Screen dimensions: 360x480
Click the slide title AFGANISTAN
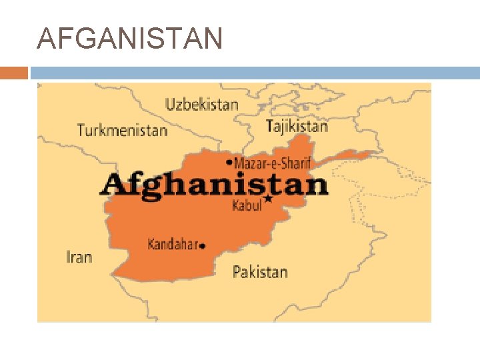pyautogui.click(x=130, y=40)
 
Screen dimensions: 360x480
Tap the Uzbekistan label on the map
pyautogui.click(x=201, y=104)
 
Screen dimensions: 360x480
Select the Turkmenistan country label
pyautogui.click(x=122, y=130)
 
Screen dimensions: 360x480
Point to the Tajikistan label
pyautogui.click(x=297, y=125)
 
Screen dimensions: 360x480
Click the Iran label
pyautogui.click(x=79, y=256)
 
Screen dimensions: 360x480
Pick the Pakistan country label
pyautogui.click(x=260, y=271)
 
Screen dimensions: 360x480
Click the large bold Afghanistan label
pyautogui.click(x=214, y=184)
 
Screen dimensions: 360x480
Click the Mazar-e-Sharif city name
pyautogui.click(x=272, y=162)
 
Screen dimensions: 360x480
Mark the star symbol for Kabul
pyautogui.click(x=268, y=199)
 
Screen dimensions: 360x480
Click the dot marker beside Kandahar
pyautogui.click(x=203, y=246)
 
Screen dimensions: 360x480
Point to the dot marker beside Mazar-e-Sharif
pyautogui.click(x=229, y=162)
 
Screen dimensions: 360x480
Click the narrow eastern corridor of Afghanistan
pyautogui.click(x=353, y=156)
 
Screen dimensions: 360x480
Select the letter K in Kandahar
pyautogui.click(x=151, y=244)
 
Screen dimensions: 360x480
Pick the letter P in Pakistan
pyautogui.click(x=237, y=271)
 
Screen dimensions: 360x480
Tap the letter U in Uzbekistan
pyautogui.click(x=170, y=104)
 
